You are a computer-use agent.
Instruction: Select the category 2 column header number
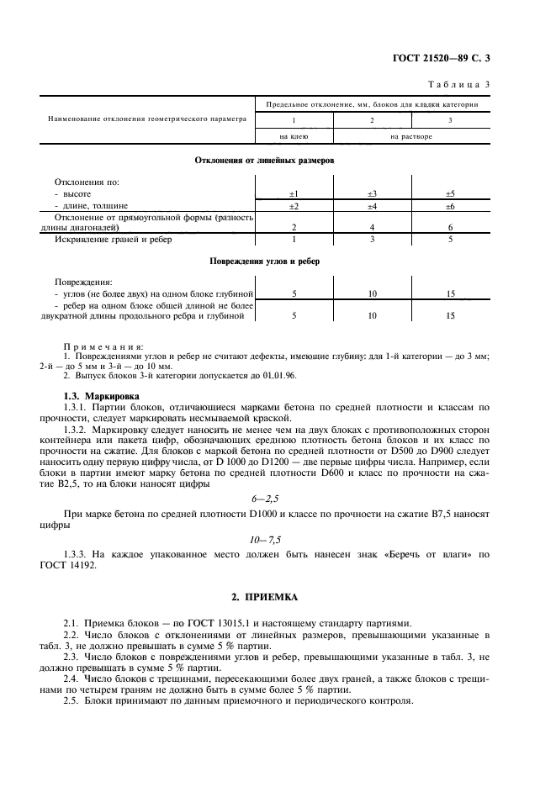pyautogui.click(x=371, y=119)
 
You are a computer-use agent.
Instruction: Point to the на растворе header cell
pyautogui.click(x=411, y=136)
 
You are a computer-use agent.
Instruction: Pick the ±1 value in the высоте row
pyautogui.click(x=294, y=193)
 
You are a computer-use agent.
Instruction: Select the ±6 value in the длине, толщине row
pyautogui.click(x=450, y=205)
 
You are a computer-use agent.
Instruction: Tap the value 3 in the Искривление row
pyautogui.click(x=372, y=240)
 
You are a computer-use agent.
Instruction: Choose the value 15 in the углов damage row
pyautogui.click(x=450, y=293)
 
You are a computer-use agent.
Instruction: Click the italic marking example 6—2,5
pyautogui.click(x=264, y=499)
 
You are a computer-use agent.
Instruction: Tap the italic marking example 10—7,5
pyautogui.click(x=264, y=537)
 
